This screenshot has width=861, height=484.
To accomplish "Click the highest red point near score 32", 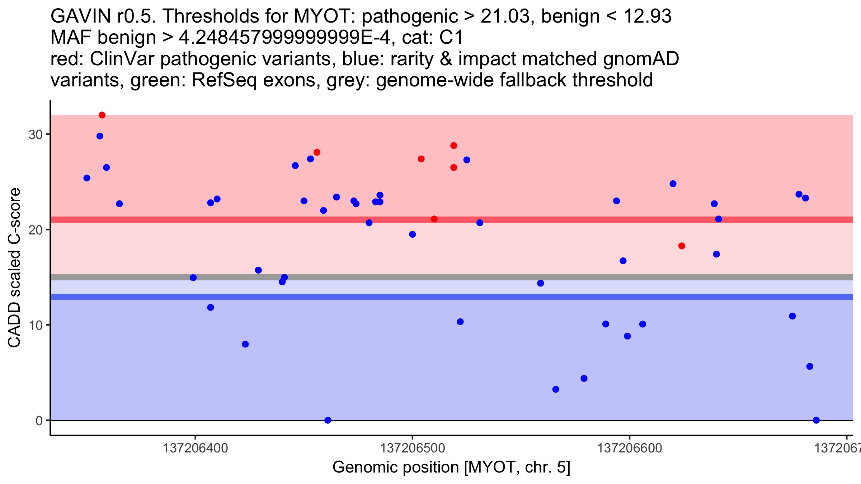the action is coord(102,115).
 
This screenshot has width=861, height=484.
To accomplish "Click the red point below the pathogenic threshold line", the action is coord(682,246).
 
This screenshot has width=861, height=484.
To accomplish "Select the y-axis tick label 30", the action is coord(36,135).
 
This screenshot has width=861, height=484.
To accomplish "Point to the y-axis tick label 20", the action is coord(36,230).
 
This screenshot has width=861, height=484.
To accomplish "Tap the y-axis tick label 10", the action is coord(36,325).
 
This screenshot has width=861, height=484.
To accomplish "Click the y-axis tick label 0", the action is coord(39,421).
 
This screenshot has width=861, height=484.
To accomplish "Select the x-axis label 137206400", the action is coord(195,448).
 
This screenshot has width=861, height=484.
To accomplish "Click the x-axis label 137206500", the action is coord(412,448).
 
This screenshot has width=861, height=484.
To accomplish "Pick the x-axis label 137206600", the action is coord(629,448).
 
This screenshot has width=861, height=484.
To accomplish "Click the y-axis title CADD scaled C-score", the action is coord(14,268).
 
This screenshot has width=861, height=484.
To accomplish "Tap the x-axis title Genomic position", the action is coord(396,468).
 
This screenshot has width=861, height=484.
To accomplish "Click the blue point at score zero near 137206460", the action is coord(328,420).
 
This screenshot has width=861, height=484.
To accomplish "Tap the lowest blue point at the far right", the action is coord(816,420).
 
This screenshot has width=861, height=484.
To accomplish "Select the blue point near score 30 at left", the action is coord(100,136).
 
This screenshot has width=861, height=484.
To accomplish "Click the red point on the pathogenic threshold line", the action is coord(434,219).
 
